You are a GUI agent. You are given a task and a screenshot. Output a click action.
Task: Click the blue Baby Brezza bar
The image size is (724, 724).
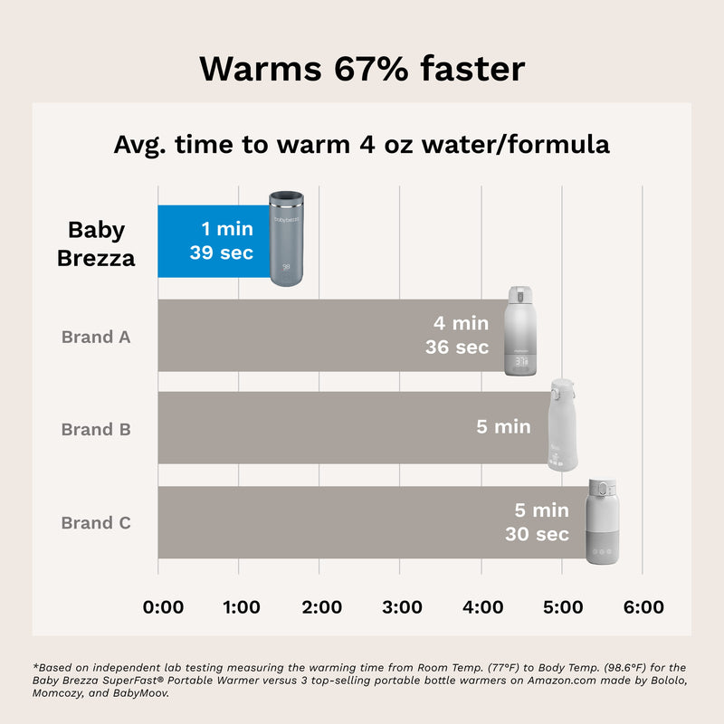pyautogui.click(x=214, y=241)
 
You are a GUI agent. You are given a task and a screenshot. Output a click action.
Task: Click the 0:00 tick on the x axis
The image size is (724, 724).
pyautogui.click(x=164, y=606)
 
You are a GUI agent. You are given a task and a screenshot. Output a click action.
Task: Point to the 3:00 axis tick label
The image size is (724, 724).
pyautogui.click(x=403, y=606)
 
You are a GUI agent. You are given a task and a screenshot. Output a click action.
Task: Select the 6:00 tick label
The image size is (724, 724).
pyautogui.click(x=644, y=606)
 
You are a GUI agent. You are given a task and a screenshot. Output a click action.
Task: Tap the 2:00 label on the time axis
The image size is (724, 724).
pyautogui.click(x=322, y=606)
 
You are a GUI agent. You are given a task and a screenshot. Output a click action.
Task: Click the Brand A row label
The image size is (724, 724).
pyautogui.click(x=96, y=337)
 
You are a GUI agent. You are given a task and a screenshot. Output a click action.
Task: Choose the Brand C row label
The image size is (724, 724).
pyautogui.click(x=96, y=522)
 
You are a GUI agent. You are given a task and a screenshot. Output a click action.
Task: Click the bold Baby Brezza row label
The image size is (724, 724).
pyautogui.click(x=96, y=243)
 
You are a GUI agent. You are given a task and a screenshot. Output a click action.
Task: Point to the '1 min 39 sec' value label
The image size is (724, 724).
pyautogui.click(x=222, y=242)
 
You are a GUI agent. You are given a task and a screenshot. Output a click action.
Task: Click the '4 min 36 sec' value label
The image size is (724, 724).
pyautogui.click(x=457, y=335)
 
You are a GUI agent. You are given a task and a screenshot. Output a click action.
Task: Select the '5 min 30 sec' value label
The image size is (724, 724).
pyautogui.click(x=538, y=523)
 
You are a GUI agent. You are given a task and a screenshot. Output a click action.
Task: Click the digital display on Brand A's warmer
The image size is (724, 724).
pyautogui.click(x=522, y=360)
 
